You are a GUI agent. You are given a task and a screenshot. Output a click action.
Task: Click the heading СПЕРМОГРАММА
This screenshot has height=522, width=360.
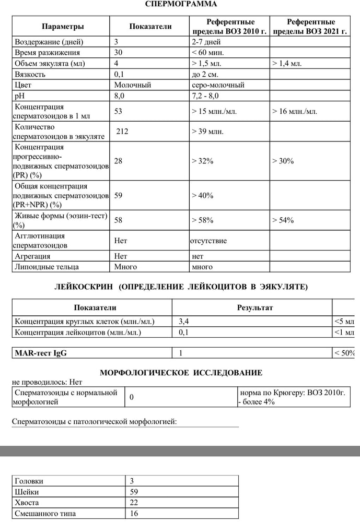click(181, 4)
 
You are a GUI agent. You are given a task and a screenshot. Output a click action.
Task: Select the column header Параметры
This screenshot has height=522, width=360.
click(63, 27)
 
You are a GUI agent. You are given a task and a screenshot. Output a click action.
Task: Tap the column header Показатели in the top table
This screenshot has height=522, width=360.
click(150, 27)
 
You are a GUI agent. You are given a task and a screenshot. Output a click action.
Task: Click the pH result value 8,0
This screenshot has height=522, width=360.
click(120, 96)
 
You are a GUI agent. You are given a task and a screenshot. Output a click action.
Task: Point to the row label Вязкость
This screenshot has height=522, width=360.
click(30, 74)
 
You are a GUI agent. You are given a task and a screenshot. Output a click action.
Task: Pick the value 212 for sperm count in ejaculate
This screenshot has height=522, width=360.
click(122, 132)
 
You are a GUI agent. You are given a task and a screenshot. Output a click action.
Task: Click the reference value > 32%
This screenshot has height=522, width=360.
click(203, 161)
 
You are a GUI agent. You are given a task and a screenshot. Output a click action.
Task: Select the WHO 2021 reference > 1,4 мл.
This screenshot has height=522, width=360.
click(287, 64)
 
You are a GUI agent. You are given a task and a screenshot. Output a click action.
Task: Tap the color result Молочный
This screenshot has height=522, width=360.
click(133, 85)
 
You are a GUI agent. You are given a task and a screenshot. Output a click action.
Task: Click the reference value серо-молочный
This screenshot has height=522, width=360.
click(218, 85)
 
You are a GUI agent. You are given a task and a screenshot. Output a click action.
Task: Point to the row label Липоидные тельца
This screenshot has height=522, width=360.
click(47, 267)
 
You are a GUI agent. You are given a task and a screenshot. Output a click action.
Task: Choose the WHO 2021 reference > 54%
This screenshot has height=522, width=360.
click(283, 220)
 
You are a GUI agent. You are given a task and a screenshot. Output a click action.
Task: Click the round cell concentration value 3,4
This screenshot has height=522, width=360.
click(184, 321)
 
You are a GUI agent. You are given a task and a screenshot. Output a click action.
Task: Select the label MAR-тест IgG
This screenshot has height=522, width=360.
click(41, 353)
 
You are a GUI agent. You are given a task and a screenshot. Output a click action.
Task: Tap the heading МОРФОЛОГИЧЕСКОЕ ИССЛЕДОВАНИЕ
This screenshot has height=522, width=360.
click(181, 373)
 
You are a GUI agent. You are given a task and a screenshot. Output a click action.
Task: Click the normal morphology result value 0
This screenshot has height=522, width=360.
click(132, 397)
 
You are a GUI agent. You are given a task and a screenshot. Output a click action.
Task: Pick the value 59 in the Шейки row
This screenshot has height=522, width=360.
click(134, 492)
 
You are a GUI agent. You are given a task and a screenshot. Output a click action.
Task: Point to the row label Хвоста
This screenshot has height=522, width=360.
click(27, 503)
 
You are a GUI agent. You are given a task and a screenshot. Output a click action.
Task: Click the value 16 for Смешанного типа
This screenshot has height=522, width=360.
click(134, 514)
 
